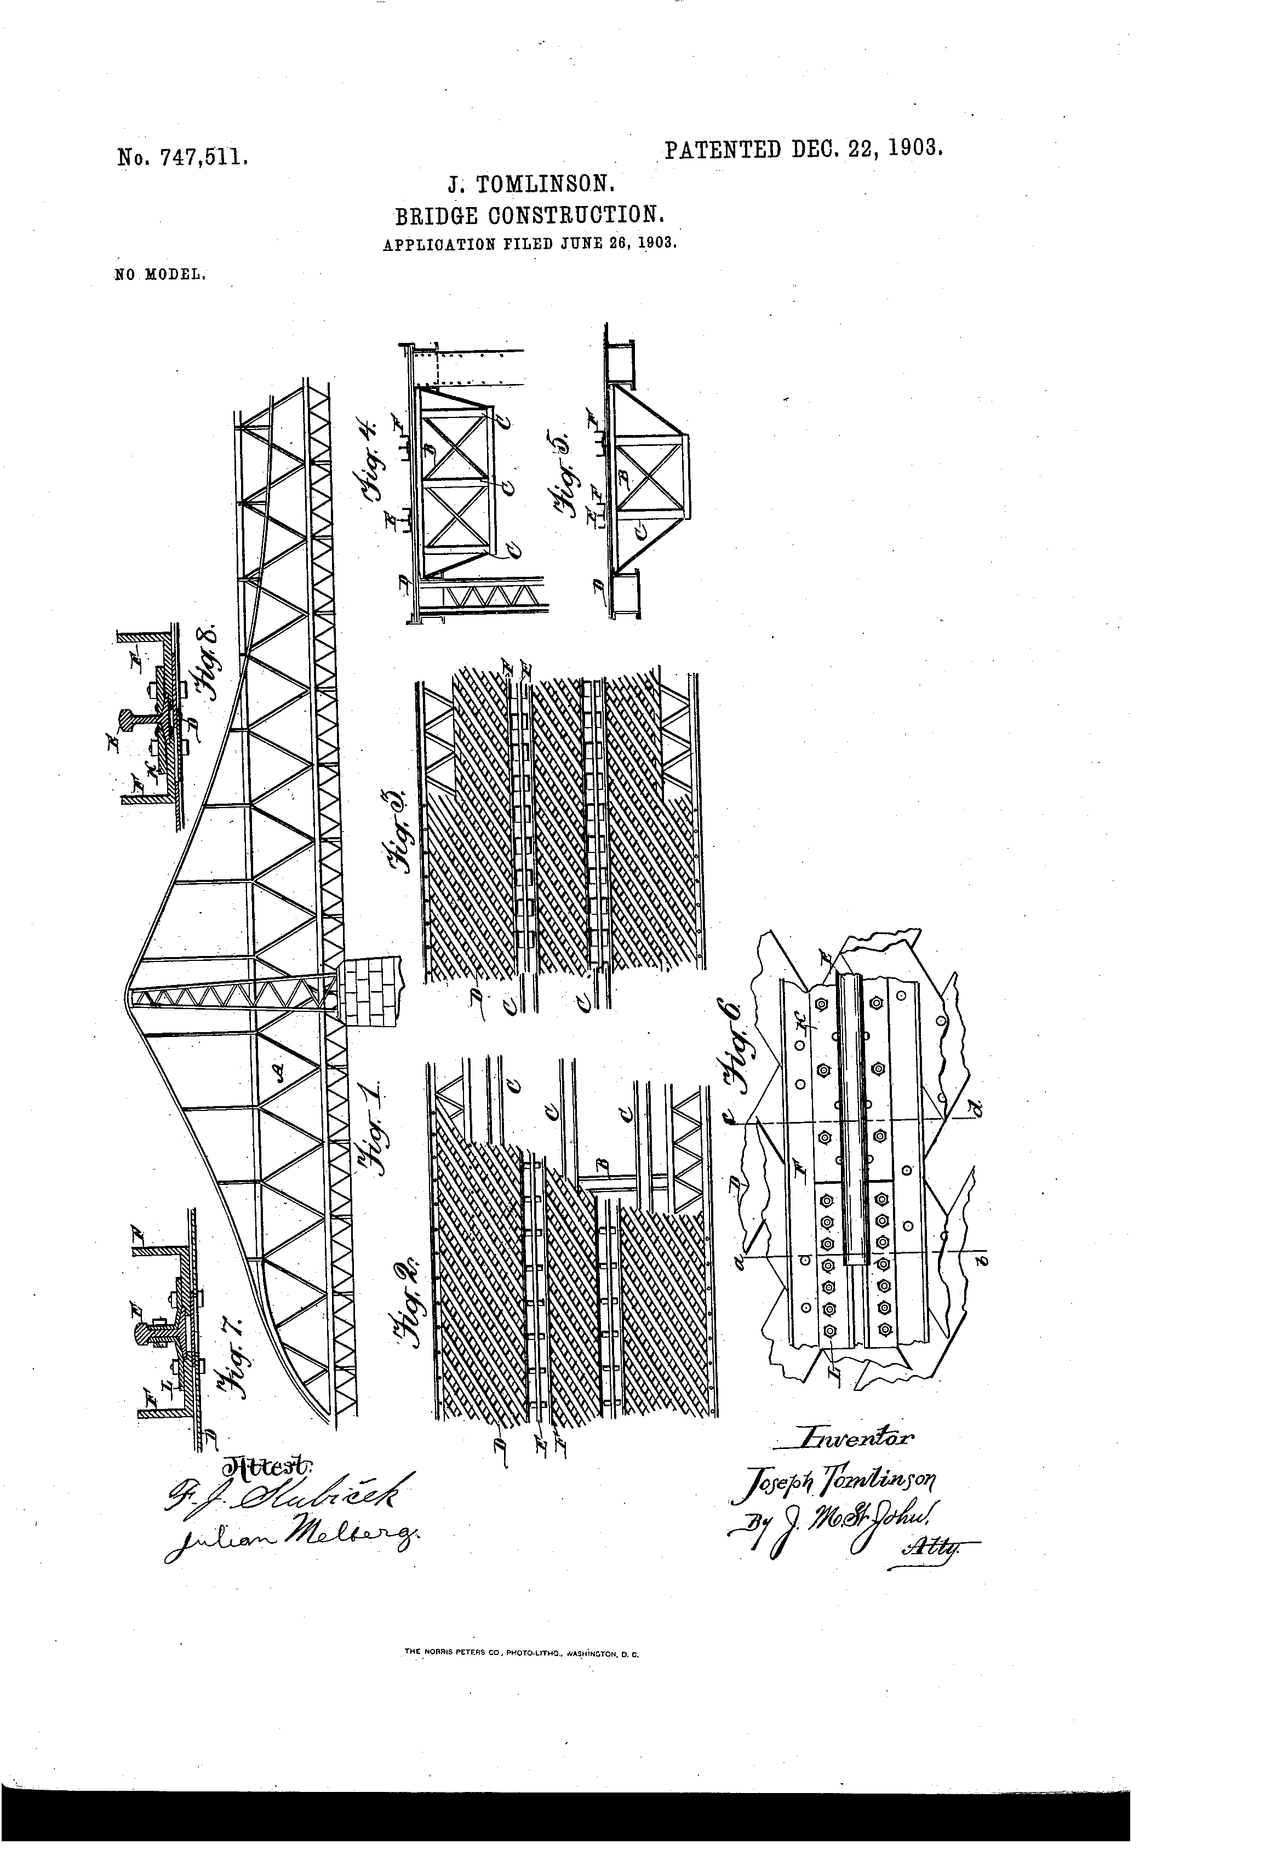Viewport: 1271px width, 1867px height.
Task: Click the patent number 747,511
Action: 181,155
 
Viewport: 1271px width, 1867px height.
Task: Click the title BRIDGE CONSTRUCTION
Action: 529,215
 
